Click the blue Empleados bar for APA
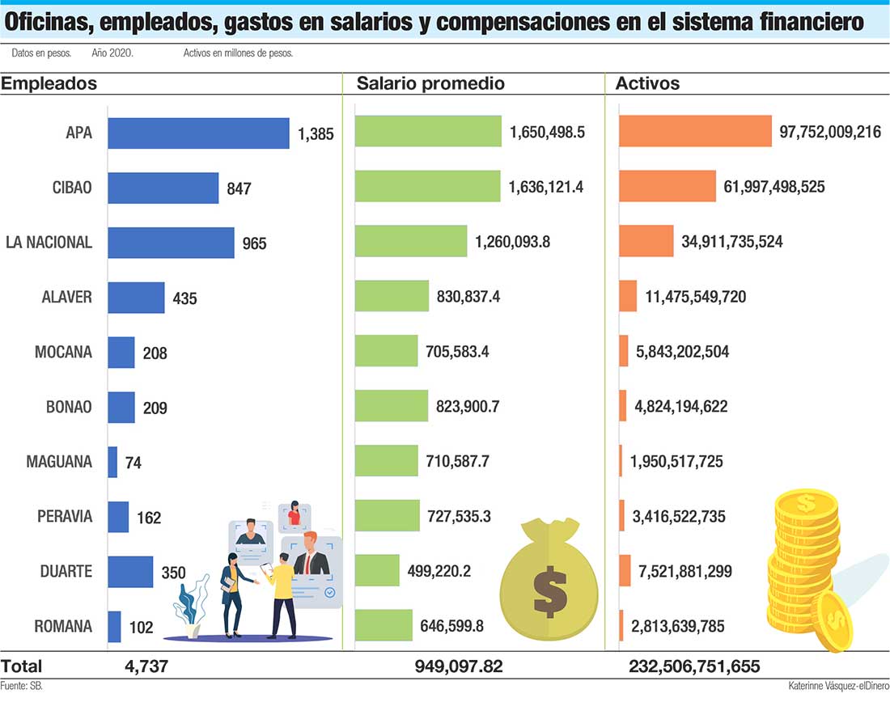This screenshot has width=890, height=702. coord(198,133)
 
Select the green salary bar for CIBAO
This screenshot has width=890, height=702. coord(428,186)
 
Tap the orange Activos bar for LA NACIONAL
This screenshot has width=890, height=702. coord(646,241)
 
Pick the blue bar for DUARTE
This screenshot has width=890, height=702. coord(130,572)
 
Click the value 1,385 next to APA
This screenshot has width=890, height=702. coord(316,134)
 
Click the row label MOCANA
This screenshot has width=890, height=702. coord(63,352)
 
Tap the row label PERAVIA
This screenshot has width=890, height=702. coord(65,517)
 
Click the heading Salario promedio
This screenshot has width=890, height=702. coord(430,83)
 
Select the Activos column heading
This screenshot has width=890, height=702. coord(647,83)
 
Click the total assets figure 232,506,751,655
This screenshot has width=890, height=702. coord(694,667)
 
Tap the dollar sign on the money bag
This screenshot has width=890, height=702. coord(550,592)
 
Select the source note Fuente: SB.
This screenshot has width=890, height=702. coord(22,686)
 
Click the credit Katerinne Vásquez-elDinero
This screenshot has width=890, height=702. coord(837,686)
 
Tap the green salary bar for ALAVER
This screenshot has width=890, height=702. coord(392,296)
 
